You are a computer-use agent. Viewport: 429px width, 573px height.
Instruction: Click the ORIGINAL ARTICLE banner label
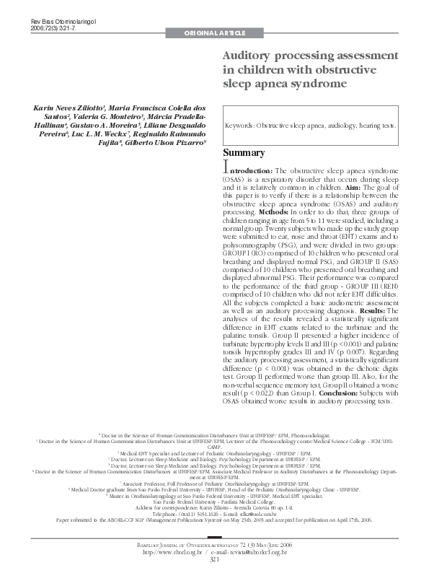click(216, 34)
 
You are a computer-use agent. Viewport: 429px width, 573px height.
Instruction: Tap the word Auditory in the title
click(249, 56)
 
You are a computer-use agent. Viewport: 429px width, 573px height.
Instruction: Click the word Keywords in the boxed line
click(239, 124)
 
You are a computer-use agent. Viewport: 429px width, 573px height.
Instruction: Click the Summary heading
click(243, 153)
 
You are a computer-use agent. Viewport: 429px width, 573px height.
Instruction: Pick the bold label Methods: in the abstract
click(273, 212)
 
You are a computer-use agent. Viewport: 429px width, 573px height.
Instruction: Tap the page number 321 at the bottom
click(214, 559)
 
